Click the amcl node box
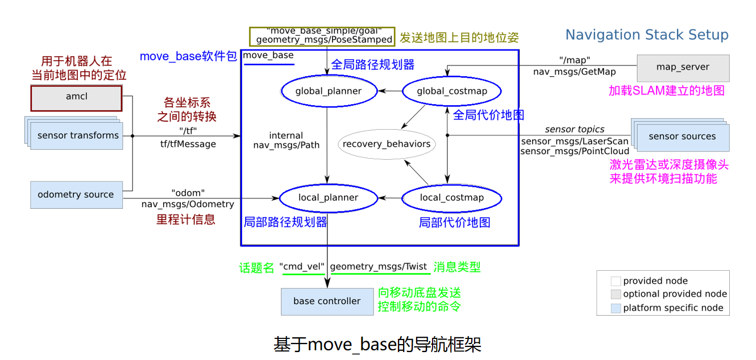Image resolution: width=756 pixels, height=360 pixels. click(76, 98)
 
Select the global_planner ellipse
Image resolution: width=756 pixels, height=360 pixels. click(329, 91)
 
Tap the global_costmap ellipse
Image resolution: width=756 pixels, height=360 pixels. click(452, 91)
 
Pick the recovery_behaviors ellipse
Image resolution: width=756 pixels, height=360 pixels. click(387, 144)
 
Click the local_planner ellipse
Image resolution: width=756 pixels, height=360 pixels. click(329, 198)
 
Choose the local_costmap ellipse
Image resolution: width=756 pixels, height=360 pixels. click(452, 198)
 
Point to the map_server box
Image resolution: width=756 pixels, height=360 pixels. click(683, 67)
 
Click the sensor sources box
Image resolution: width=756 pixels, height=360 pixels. click(682, 137)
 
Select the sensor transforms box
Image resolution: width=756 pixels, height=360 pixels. click(78, 136)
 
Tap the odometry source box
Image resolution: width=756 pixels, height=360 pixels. click(76, 195)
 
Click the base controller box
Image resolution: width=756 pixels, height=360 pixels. click(327, 301)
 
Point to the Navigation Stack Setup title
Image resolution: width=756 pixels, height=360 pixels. click(647, 35)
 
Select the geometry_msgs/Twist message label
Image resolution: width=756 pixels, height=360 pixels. click(379, 267)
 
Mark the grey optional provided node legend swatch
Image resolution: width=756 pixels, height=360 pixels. click(616, 295)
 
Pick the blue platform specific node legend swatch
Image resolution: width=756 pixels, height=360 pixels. click(616, 308)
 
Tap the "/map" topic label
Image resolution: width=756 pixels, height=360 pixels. click(575, 60)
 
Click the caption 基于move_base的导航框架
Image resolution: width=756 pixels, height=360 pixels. click(377, 345)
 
